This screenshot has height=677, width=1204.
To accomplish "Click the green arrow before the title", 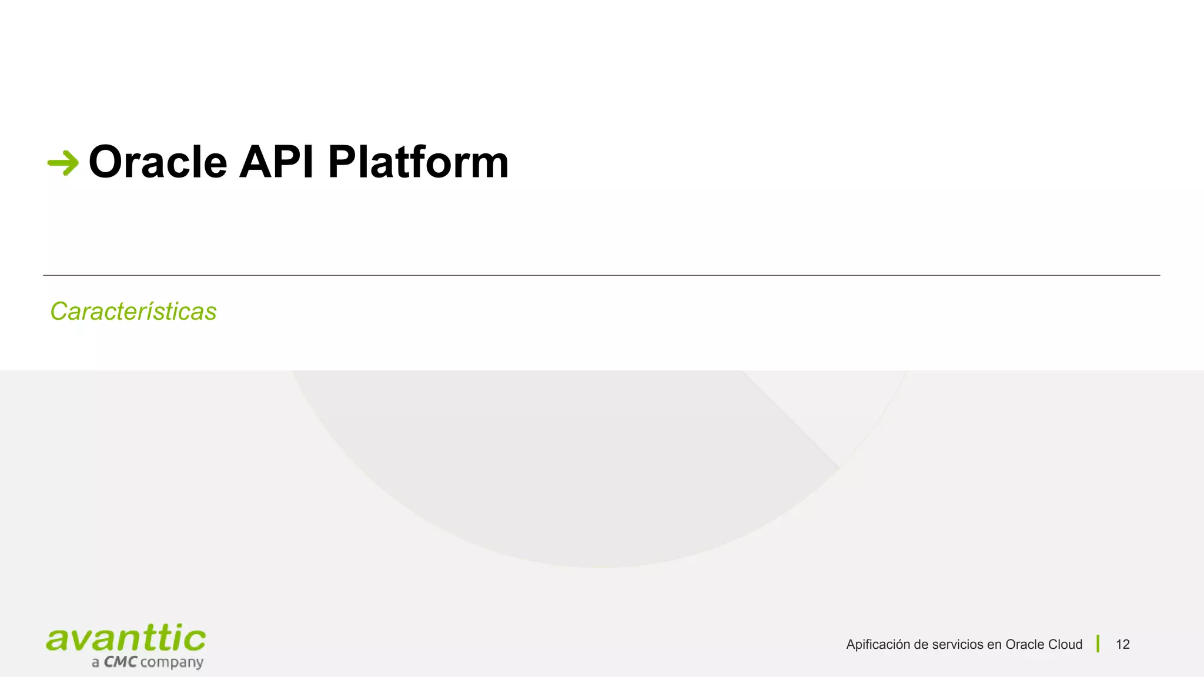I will (x=63, y=163).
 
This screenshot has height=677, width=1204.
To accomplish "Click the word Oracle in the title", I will (x=158, y=162).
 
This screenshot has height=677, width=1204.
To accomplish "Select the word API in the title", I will (x=276, y=162).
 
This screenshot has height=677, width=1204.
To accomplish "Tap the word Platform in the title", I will (x=417, y=162).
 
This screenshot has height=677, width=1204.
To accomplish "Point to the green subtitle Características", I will (x=133, y=311).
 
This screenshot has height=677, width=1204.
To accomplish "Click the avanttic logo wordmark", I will (x=126, y=639).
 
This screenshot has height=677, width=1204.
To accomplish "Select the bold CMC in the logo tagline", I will (x=121, y=662).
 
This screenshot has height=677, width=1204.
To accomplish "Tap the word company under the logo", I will (x=172, y=663).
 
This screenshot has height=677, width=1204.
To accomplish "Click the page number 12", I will (x=1122, y=645).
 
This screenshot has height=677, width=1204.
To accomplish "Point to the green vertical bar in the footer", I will (x=1098, y=644).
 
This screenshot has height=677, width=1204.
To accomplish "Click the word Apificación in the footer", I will (x=878, y=645).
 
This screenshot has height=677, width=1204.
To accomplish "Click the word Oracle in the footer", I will (x=1024, y=645).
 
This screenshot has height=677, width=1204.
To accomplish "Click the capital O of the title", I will (x=105, y=162).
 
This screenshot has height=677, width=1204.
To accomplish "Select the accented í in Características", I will (x=159, y=311).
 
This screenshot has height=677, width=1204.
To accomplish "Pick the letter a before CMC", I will (x=95, y=663).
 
